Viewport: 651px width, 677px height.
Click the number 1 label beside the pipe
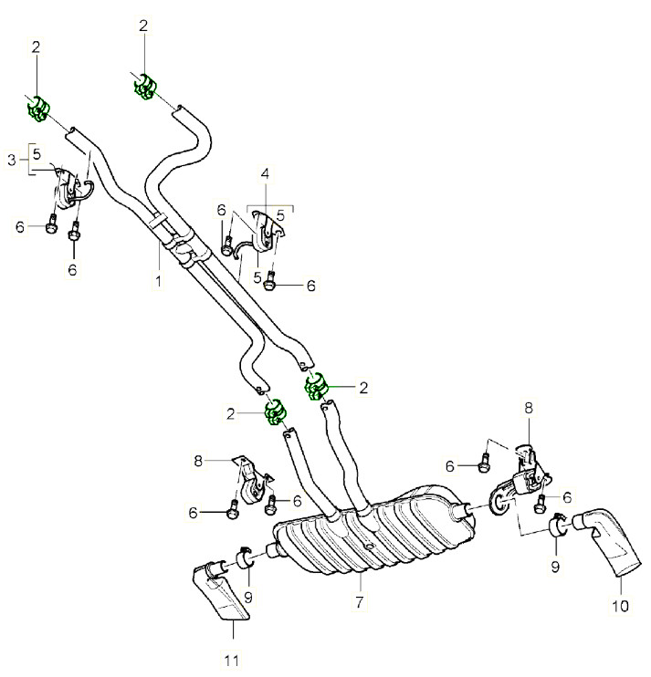tap(157, 282)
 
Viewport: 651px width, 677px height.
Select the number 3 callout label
tap(12, 161)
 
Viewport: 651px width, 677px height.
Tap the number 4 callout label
tap(265, 172)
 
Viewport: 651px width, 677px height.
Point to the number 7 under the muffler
tap(360, 602)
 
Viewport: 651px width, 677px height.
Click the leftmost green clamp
tap(38, 108)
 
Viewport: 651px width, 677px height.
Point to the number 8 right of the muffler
tap(527, 410)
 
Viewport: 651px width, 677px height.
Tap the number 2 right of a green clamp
tap(363, 387)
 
